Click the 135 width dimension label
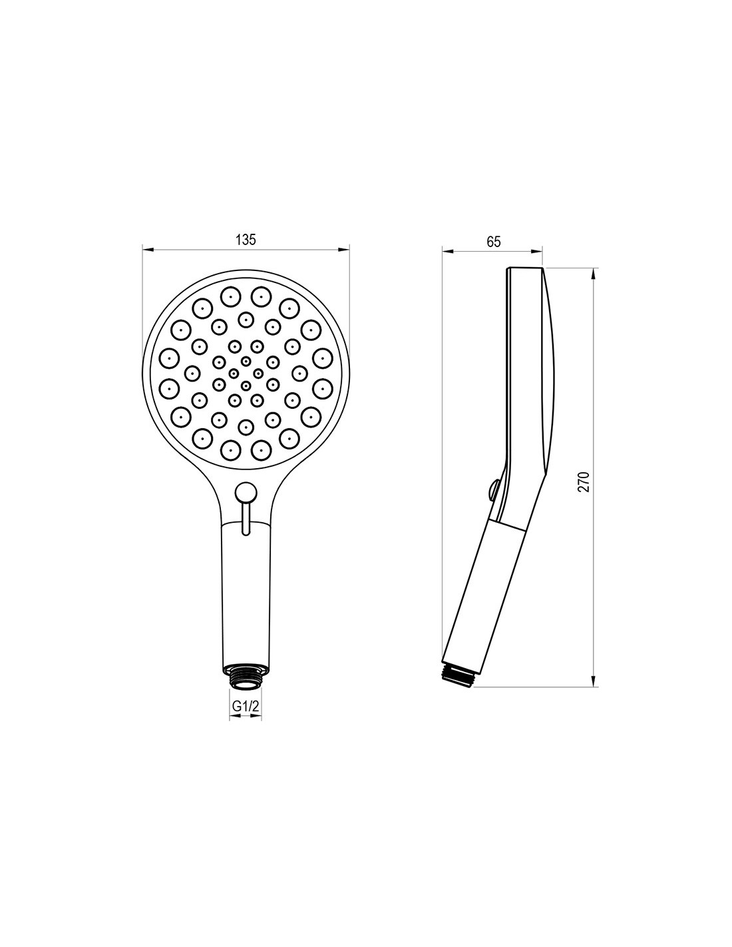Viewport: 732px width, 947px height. [x=245, y=240]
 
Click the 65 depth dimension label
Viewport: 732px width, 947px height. [x=493, y=242]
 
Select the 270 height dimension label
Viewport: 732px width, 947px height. [x=584, y=482]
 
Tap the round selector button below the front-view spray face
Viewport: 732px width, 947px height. [x=245, y=491]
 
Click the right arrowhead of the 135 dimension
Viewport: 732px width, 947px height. [x=343, y=250]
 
